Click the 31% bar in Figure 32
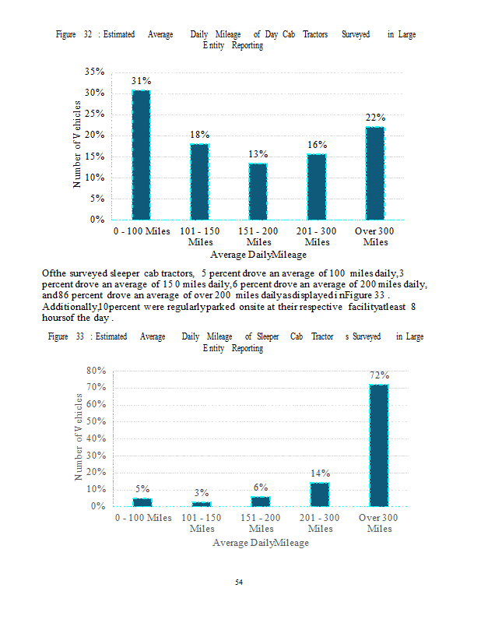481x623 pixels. coord(141,154)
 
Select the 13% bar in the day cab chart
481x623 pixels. coord(258,191)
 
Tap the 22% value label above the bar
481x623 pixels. coord(376,118)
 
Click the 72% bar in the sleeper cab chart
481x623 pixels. coord(378,445)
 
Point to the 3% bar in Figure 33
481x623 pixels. coord(201,504)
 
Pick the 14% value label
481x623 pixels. coord(320,473)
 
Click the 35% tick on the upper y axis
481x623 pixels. coord(95,72)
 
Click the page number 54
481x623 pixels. coord(240,582)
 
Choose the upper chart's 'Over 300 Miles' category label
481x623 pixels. coord(375,237)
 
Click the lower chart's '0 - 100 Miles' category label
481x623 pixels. coord(143,518)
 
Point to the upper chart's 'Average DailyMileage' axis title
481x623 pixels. coord(258,255)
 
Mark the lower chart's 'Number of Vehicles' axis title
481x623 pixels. coord(79,436)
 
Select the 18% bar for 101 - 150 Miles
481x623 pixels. coord(200,181)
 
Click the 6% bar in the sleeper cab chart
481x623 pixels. coord(261,501)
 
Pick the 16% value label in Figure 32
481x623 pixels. coord(317,145)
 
